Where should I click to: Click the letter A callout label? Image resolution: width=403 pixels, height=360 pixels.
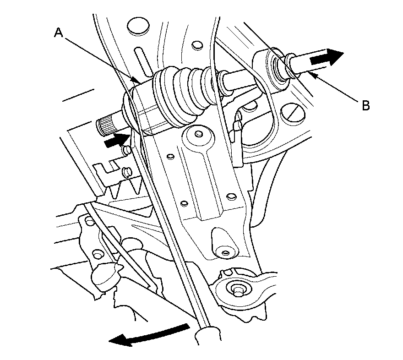pyautogui.click(x=58, y=33)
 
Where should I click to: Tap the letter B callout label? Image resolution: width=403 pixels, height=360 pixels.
pyautogui.click(x=365, y=106)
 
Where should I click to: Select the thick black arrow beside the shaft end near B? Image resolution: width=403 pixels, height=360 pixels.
pyautogui.click(x=327, y=58)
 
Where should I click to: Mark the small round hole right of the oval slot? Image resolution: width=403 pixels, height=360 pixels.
pyautogui.click(x=197, y=45)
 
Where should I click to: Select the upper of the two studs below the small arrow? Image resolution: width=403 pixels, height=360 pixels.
pyautogui.click(x=126, y=150)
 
